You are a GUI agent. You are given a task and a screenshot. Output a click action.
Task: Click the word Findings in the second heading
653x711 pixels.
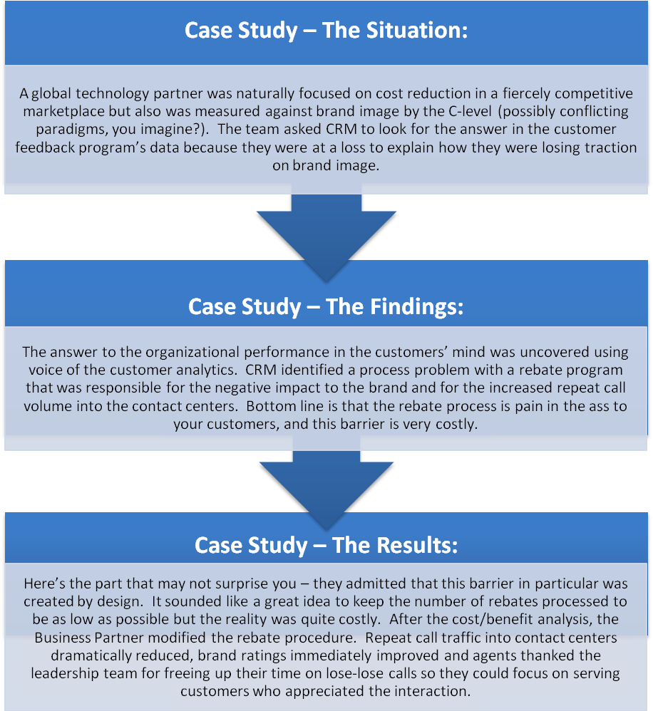point(394,306)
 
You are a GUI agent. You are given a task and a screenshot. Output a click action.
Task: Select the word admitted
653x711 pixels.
point(351,584)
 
